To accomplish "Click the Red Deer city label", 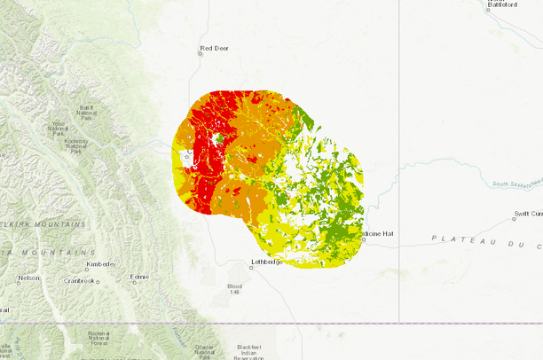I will tap(214, 48).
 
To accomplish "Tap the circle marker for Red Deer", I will tap(200, 53).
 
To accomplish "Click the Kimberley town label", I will tap(101, 264).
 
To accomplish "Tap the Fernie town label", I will tap(139, 278).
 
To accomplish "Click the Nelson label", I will tap(28, 278).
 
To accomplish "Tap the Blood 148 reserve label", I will tap(234, 289).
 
